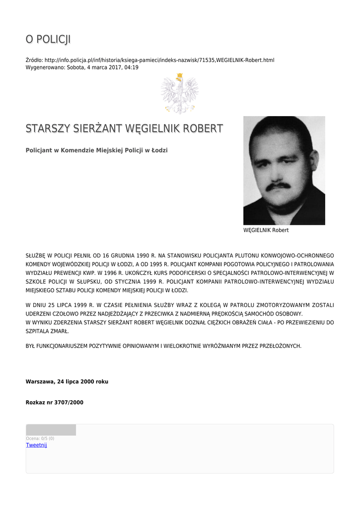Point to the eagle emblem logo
tap(179, 93)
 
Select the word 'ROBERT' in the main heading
tap(203, 128)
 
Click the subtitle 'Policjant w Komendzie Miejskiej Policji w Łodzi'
tap(96, 150)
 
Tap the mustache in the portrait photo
tap(278, 186)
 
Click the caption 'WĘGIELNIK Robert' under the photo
tap(266, 230)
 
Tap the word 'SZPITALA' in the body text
tap(38, 331)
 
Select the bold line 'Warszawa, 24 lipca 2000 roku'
tap(67, 381)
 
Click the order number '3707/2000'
tap(70, 402)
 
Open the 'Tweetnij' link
tap(36, 445)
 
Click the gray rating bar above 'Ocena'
tap(51, 430)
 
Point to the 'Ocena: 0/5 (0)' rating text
tap(40, 439)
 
